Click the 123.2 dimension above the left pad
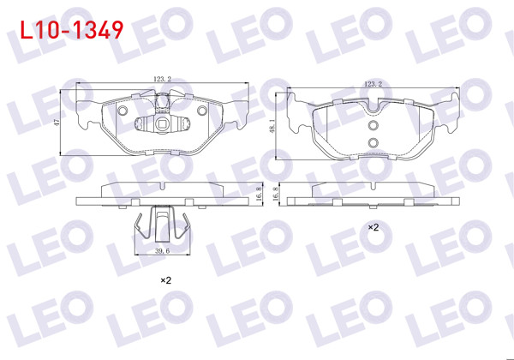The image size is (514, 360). [162, 79]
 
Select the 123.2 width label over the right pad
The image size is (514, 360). [372, 84]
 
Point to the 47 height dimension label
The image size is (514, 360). [57, 123]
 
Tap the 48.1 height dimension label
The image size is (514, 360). [273, 126]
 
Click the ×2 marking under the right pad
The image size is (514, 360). [374, 228]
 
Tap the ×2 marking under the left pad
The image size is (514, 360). [166, 280]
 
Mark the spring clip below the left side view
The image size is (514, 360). [162, 225]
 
